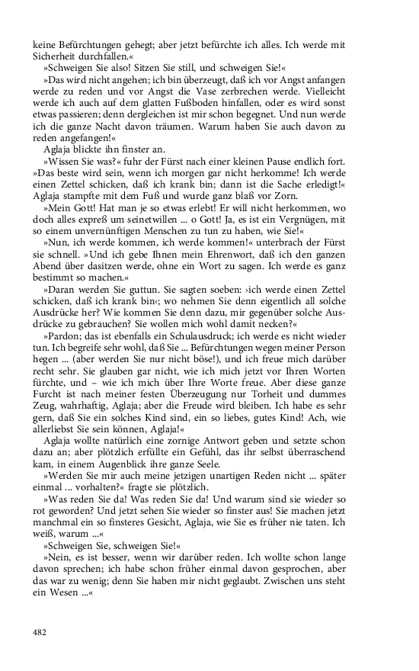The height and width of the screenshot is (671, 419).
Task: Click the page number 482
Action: click(x=40, y=632)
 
